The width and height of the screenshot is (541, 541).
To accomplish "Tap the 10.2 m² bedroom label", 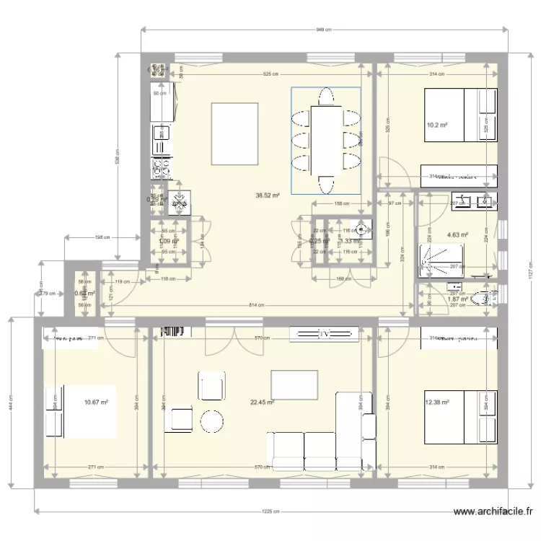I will [x=436, y=125].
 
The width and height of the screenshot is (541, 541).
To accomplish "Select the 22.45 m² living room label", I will [x=262, y=403].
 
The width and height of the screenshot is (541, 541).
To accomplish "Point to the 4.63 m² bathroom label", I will [x=457, y=234].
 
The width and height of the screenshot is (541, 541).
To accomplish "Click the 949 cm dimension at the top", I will [x=324, y=30].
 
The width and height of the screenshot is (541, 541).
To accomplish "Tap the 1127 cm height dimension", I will [x=529, y=273].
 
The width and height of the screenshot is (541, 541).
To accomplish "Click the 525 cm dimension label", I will [x=270, y=74].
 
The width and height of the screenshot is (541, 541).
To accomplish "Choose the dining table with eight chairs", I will [x=325, y=140].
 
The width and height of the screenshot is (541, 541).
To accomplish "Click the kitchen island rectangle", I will [x=234, y=133].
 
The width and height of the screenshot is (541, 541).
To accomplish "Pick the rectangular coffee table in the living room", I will [x=294, y=384].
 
